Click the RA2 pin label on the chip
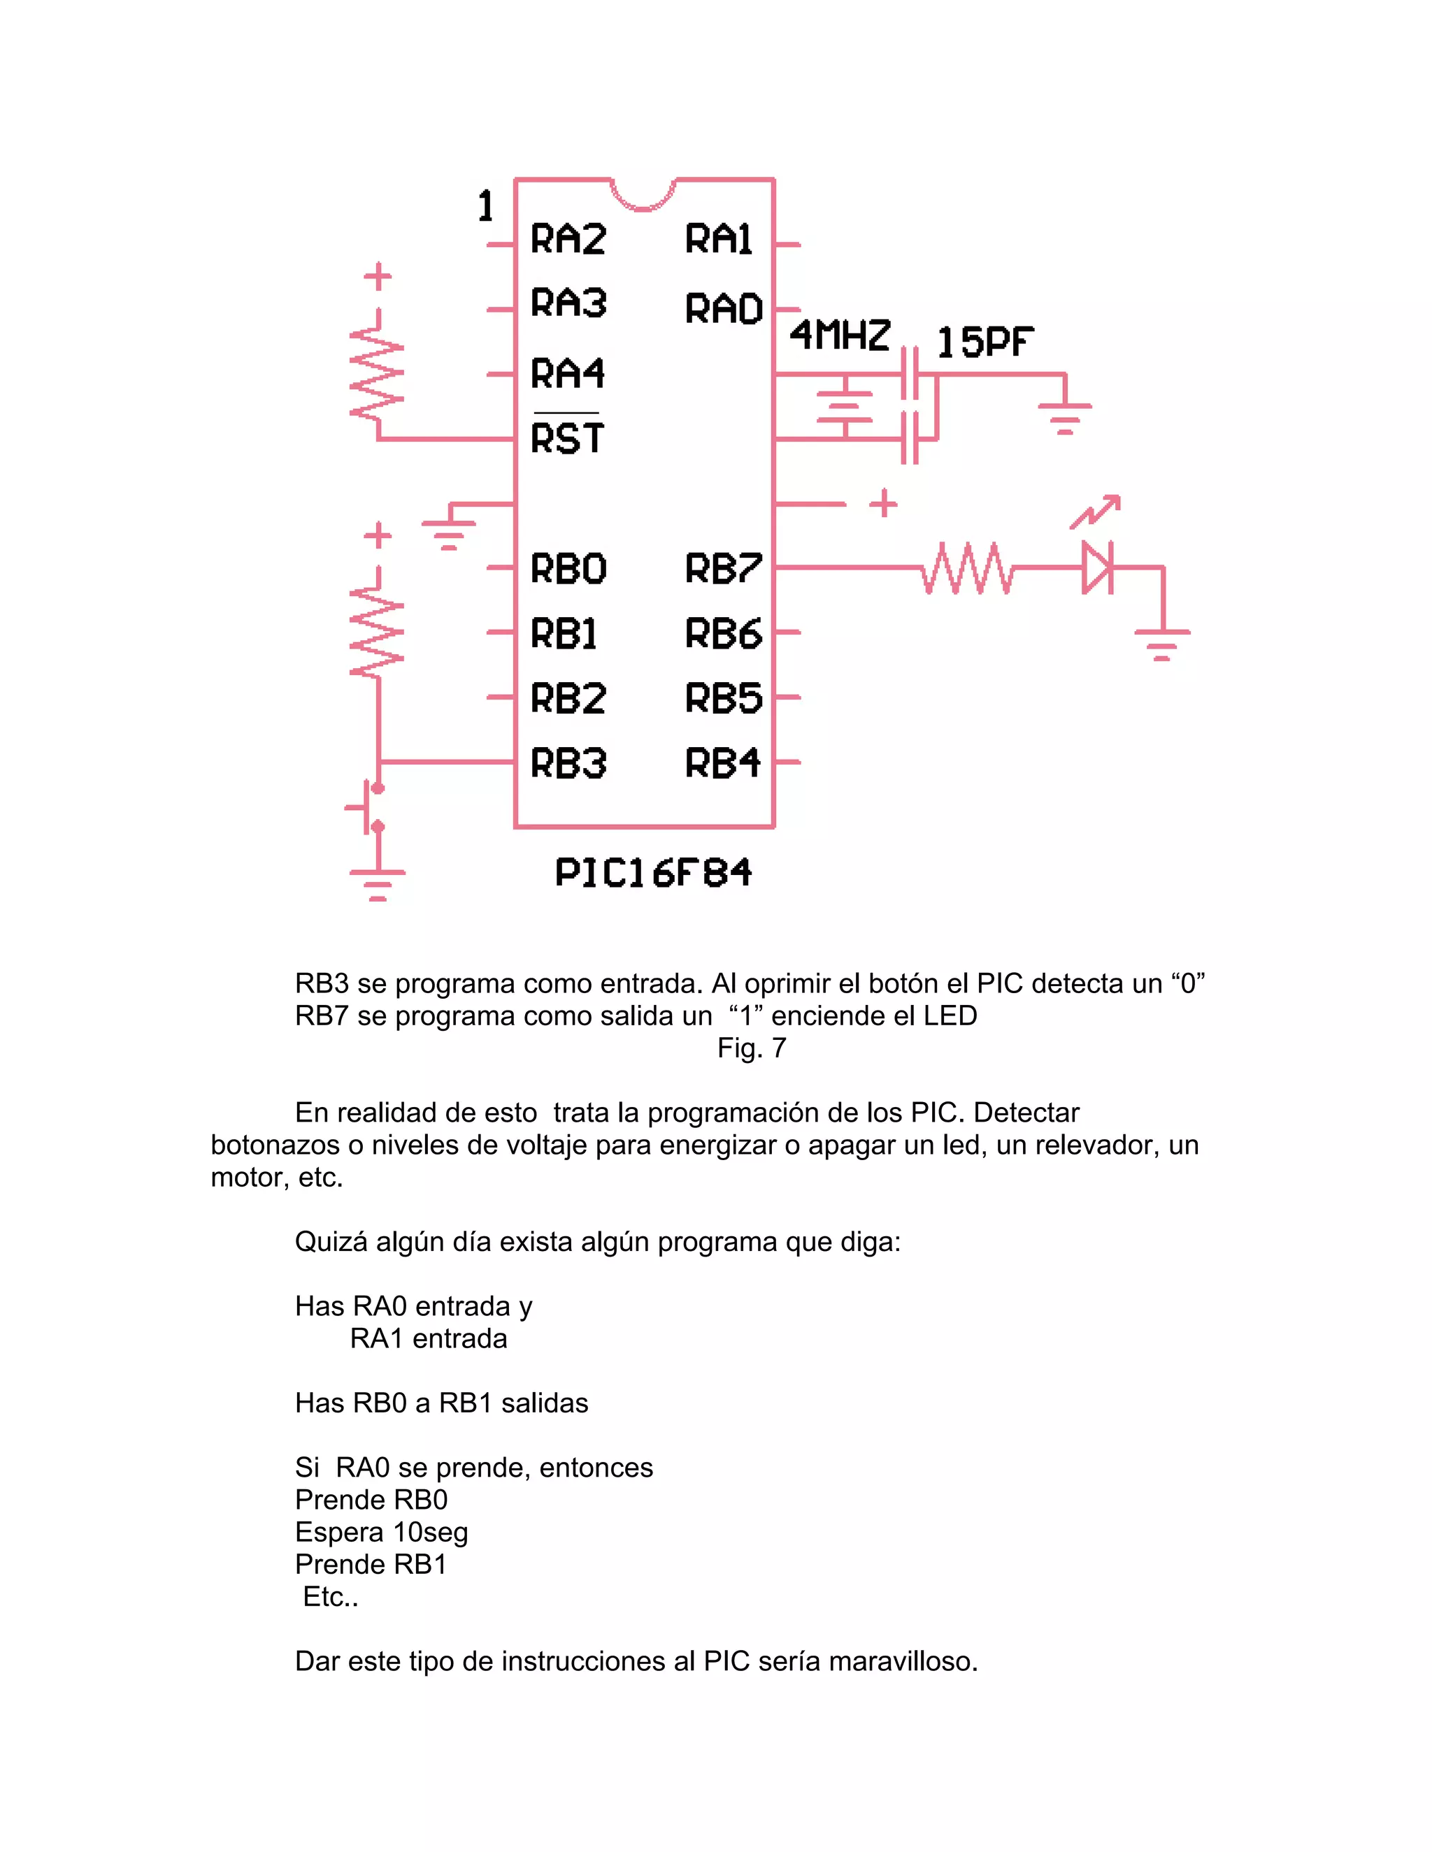(x=568, y=239)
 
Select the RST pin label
(x=566, y=438)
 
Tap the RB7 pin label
(x=724, y=568)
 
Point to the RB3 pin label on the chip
(x=568, y=763)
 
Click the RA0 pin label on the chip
(x=724, y=309)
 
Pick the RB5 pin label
(x=724, y=698)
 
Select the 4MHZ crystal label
(x=840, y=335)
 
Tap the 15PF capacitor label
(x=984, y=342)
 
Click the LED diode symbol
(x=1096, y=567)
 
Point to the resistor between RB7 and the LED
(x=967, y=567)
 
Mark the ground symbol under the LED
(x=1162, y=644)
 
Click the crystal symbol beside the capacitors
(x=844, y=406)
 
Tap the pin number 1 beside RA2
(x=485, y=206)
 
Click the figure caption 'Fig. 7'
(x=752, y=1048)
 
